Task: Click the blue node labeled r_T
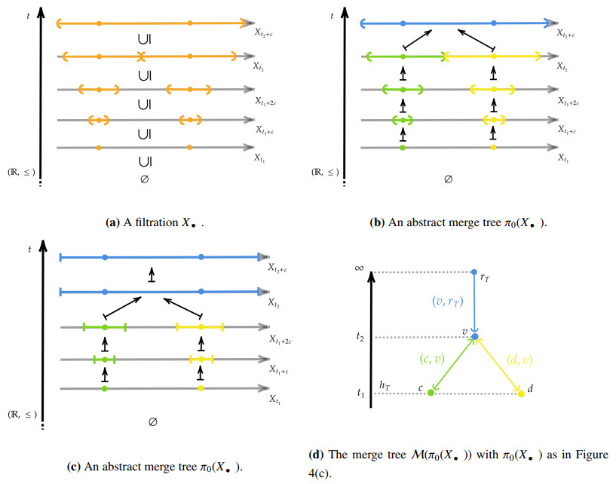point(473,271)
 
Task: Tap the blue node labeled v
point(474,336)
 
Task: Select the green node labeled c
point(431,393)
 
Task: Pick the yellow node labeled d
point(520,393)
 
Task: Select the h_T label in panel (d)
point(385,385)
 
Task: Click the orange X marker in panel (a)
point(141,56)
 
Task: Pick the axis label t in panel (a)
point(27,13)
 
